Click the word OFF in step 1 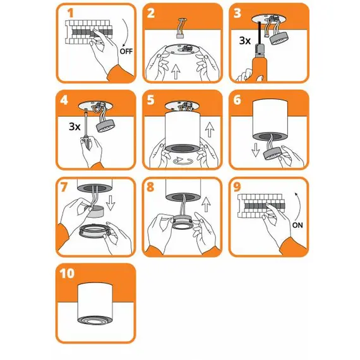(x=126, y=51)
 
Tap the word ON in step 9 (x=297, y=225)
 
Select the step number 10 (x=67, y=273)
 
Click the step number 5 (x=150, y=100)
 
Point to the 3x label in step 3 (x=245, y=40)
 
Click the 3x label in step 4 (x=75, y=126)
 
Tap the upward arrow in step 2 (x=176, y=71)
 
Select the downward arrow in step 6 (x=256, y=150)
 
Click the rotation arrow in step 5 (x=183, y=161)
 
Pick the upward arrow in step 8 (x=206, y=205)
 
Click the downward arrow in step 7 (x=111, y=203)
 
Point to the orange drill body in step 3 (x=260, y=68)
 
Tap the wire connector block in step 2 (x=180, y=35)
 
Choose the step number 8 (x=150, y=187)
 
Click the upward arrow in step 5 (x=210, y=129)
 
